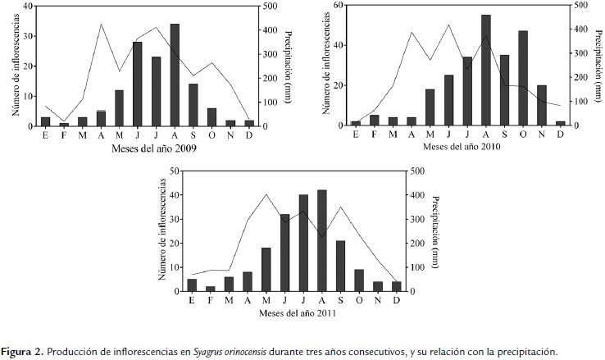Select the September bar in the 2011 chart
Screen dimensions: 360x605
click(x=339, y=266)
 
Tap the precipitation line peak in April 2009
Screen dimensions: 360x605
click(x=101, y=24)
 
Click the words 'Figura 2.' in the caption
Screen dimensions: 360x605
click(x=23, y=352)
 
